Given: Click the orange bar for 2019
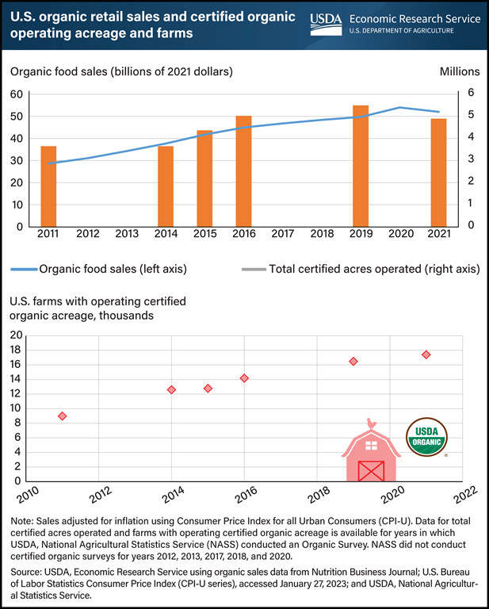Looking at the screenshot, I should coord(361,166).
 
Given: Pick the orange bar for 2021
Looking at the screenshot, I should coord(438,172).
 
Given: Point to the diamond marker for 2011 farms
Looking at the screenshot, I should coord(62,416).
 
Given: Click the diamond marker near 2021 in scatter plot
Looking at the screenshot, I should coord(426,354).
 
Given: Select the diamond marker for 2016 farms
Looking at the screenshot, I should coord(244,378).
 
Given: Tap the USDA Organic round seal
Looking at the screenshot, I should coord(426,436).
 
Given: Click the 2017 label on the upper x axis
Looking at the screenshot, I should coord(282,236).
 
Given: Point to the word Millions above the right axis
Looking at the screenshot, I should coord(459,71).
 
